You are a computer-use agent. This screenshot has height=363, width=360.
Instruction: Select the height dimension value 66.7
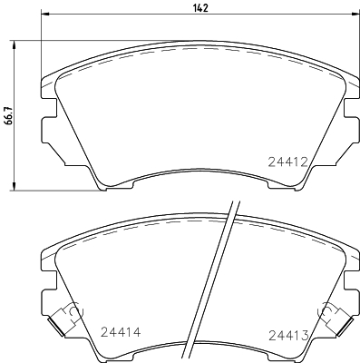point(9,118)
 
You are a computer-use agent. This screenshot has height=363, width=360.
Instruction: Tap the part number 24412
point(288,162)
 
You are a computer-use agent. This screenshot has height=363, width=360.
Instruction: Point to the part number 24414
point(120,333)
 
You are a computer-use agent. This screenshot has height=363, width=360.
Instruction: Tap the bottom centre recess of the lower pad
point(200,358)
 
